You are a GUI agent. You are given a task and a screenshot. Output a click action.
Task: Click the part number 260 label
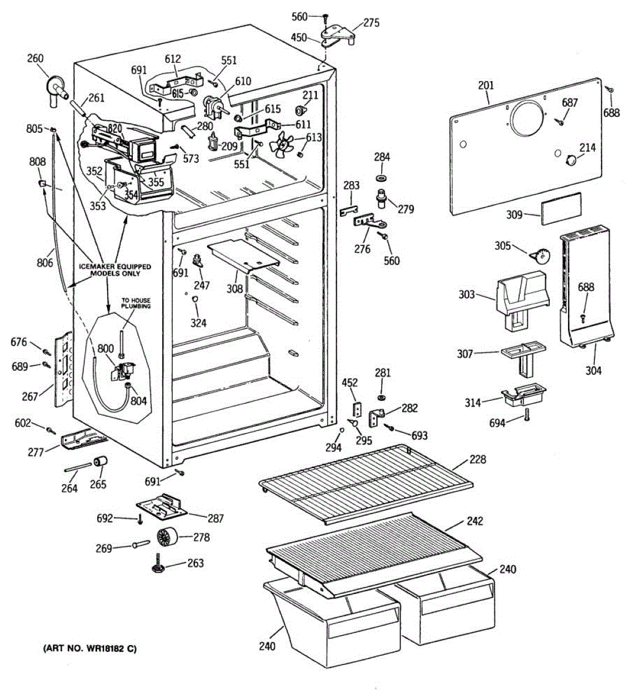[35, 59]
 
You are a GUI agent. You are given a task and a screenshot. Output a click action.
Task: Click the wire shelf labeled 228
[365, 481]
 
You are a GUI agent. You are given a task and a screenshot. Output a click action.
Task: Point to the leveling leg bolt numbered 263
[158, 563]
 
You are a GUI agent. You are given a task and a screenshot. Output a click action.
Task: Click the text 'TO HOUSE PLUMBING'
[135, 303]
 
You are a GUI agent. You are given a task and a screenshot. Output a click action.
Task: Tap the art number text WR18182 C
[90, 649]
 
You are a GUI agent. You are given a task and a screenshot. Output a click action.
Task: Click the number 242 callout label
[475, 521]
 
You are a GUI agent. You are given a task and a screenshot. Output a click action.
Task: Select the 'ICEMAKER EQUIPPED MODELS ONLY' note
[115, 270]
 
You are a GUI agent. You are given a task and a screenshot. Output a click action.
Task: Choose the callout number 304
[593, 371]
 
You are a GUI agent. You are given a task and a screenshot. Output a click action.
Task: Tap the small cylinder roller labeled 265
[101, 462]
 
